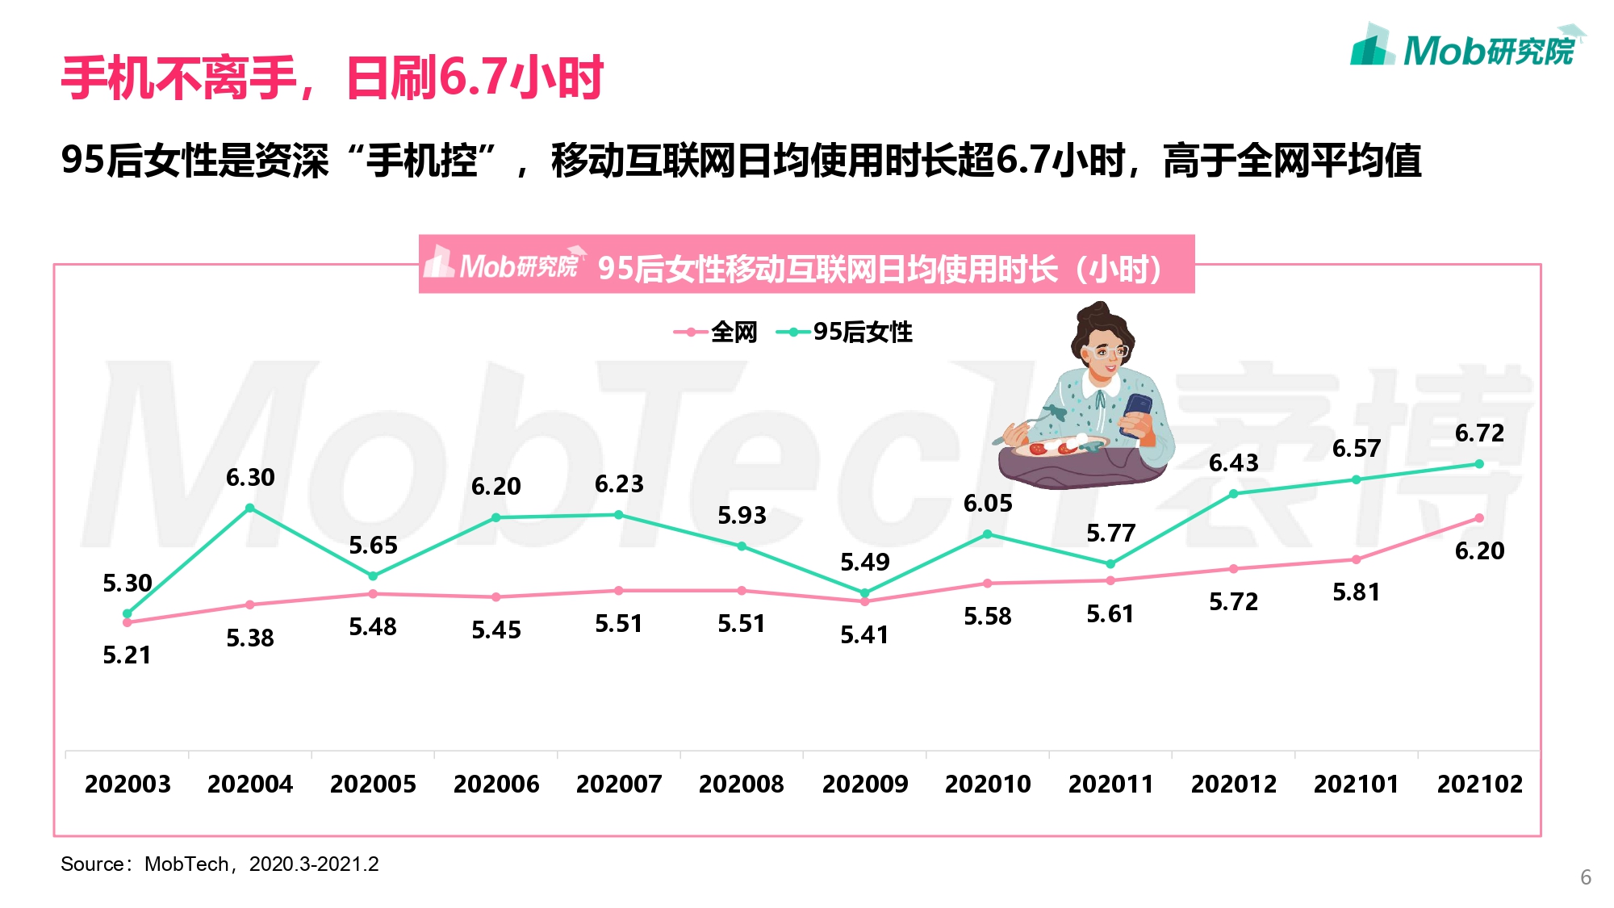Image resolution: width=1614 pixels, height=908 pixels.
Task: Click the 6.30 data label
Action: click(250, 478)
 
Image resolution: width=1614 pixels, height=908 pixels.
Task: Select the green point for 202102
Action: click(1479, 464)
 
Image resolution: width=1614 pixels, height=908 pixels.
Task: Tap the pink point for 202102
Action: click(1479, 518)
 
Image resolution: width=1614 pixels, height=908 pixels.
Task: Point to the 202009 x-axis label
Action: click(864, 784)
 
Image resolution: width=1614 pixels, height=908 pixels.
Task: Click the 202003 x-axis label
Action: click(128, 784)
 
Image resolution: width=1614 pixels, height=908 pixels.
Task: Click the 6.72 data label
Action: click(1479, 433)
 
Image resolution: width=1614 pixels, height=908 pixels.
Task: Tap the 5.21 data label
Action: click(127, 655)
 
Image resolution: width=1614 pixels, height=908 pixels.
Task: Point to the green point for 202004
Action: click(250, 508)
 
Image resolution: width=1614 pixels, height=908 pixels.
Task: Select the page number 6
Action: click(1585, 877)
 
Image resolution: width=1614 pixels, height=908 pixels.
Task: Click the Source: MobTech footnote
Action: click(220, 864)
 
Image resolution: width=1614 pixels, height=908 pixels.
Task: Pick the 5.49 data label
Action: click(864, 562)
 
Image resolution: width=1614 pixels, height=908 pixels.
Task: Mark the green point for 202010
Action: click(987, 534)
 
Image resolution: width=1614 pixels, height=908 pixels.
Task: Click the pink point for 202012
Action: click(1233, 569)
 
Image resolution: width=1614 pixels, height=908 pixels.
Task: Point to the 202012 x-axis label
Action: click(1233, 784)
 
